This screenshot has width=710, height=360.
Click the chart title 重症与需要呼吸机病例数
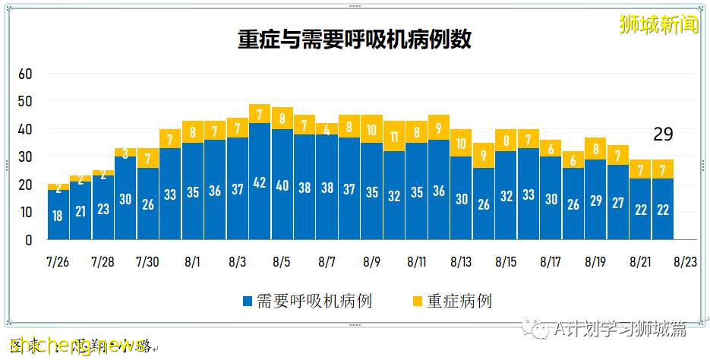355,39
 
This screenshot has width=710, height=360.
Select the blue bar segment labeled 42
260,182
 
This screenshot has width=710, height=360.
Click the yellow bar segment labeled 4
327,129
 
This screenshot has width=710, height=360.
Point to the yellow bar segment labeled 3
125,153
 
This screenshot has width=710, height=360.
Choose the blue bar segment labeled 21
80,210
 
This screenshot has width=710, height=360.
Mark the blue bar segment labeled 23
103,208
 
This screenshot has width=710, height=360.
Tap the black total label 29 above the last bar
663,134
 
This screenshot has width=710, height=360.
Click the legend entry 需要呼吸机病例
307,301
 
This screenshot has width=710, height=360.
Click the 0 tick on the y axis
29,240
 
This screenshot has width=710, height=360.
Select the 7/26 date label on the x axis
58,262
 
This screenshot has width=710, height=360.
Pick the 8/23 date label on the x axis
686,262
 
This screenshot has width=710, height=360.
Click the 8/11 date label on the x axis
416,262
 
